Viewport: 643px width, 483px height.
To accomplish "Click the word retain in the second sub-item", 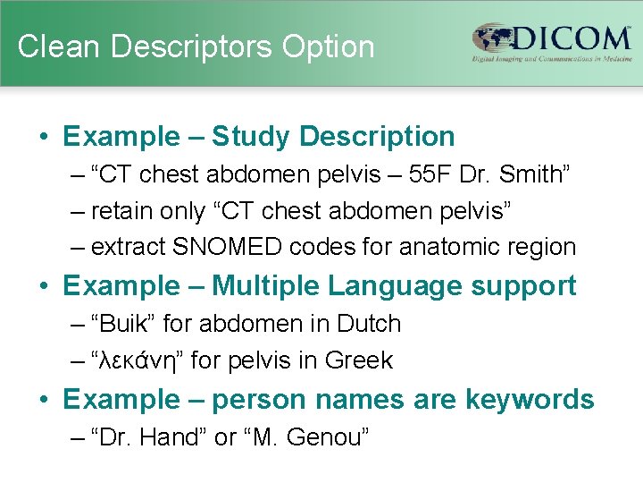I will (125, 211).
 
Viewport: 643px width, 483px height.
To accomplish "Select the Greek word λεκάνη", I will (138, 360).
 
